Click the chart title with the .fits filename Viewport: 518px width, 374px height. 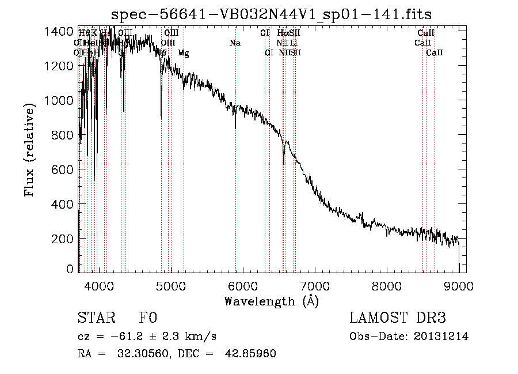click(x=272, y=13)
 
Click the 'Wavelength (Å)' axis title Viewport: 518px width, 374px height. click(x=271, y=301)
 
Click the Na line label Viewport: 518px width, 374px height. click(x=235, y=43)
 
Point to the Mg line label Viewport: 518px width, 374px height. click(x=183, y=53)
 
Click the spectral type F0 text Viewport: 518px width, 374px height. click(x=148, y=319)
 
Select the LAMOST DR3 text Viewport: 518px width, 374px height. click(x=398, y=319)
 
